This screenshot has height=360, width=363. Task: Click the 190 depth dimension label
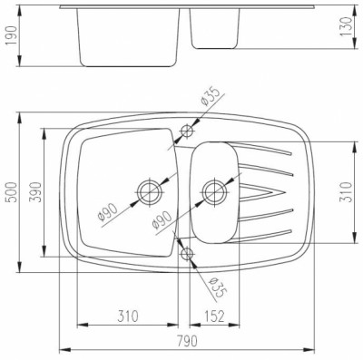12,35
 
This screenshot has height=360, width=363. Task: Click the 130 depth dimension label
347,26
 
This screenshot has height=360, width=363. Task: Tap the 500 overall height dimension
12,192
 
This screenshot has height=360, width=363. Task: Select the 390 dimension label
35,192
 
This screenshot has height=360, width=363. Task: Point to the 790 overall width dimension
187,341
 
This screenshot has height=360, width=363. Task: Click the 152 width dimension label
214,316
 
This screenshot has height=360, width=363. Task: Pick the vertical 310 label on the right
347,192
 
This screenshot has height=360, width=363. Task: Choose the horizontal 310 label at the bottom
128,316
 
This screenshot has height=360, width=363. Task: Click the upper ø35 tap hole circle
187,131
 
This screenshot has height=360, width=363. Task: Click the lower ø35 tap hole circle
188,253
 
